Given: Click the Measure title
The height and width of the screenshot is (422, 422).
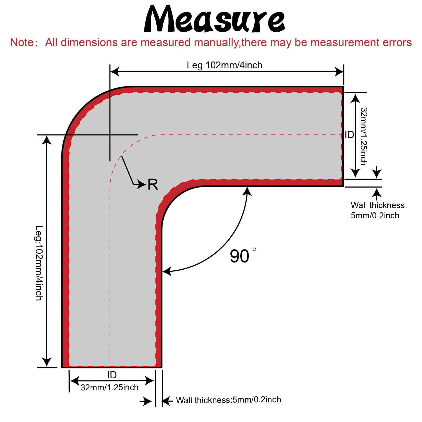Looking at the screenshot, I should pyautogui.click(x=214, y=19).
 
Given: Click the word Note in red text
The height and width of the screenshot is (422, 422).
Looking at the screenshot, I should pyautogui.click(x=22, y=42).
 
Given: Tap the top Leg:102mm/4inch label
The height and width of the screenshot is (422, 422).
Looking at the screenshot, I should pyautogui.click(x=225, y=65).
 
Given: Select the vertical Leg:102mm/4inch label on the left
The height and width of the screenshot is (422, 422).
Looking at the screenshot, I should pyautogui.click(x=39, y=263).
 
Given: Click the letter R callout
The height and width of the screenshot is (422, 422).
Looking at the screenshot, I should pyautogui.click(x=153, y=184).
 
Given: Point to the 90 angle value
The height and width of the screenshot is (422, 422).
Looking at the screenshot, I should pyautogui.click(x=239, y=256).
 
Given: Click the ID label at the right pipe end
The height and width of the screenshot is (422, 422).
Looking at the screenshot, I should pyautogui.click(x=349, y=135).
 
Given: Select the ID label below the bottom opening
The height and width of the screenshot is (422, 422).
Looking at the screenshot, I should pyautogui.click(x=112, y=375).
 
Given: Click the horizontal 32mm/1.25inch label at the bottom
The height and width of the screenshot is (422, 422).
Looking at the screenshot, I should pyautogui.click(x=109, y=387).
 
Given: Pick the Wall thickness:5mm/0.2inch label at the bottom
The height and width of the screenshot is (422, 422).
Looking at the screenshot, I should pyautogui.click(x=229, y=400).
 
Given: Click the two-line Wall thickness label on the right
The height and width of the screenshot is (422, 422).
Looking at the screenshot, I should pyautogui.click(x=378, y=210).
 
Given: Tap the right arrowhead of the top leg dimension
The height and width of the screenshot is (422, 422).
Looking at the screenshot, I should pyautogui.click(x=339, y=72).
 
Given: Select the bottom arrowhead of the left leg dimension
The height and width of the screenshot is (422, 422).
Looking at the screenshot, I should pyautogui.click(x=47, y=362).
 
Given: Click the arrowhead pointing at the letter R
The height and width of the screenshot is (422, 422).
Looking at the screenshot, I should pyautogui.click(x=142, y=184).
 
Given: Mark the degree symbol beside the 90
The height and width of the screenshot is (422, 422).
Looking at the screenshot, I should pyautogui.click(x=254, y=249).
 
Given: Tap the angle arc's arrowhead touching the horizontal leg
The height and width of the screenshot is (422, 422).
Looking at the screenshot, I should pyautogui.click(x=247, y=191).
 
